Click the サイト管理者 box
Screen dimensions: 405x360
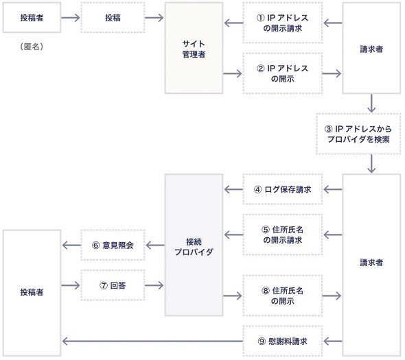tap(194, 48)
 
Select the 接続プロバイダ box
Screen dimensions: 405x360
tap(194, 245)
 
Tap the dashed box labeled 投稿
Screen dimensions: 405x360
tap(113, 18)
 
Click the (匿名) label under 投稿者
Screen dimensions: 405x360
tap(32, 47)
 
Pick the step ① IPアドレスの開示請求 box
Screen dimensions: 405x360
tap(283, 23)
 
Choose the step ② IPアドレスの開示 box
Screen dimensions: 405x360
tap(283, 73)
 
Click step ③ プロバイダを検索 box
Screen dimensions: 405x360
tap(358, 134)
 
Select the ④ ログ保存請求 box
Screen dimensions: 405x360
tap(283, 189)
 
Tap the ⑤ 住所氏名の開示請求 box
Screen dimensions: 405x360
tap(283, 235)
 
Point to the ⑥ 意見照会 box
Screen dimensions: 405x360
tap(113, 245)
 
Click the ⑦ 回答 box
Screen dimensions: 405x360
tap(113, 285)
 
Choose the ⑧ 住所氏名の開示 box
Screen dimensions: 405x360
tap(283, 296)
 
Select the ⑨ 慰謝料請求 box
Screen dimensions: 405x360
tap(283, 341)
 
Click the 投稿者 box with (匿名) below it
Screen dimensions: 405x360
tap(32, 18)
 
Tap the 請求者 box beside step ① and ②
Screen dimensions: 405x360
tap(371, 48)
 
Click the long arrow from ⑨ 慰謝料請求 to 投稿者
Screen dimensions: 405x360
tap(152, 341)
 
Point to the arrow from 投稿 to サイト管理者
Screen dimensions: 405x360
tap(154, 18)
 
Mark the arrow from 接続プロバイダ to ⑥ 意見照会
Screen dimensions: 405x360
tap(155, 245)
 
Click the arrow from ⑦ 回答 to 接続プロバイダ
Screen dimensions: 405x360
tap(154, 285)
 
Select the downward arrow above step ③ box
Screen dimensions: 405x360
tap(371, 104)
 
